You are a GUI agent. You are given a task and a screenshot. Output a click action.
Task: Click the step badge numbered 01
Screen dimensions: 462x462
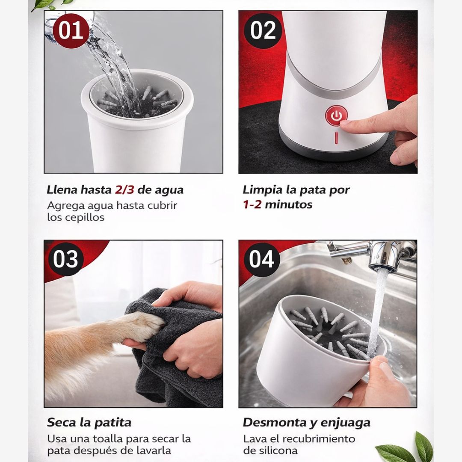[x=70, y=30]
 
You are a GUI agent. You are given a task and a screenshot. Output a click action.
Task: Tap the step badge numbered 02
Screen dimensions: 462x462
[x=263, y=30]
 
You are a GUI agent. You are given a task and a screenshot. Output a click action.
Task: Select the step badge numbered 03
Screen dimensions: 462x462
[x=66, y=260]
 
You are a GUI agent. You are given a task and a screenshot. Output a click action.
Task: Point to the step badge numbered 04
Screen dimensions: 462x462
[x=262, y=260]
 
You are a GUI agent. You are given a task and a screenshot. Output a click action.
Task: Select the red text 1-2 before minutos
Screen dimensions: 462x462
[x=252, y=204]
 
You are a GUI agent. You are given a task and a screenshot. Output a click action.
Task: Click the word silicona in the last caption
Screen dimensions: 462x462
[x=277, y=450]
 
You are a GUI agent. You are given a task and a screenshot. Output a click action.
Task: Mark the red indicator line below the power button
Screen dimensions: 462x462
[x=337, y=138]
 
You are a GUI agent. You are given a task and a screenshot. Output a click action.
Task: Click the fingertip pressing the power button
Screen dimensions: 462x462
[x=344, y=122]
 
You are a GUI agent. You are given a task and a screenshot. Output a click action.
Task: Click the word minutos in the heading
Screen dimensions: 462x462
[x=289, y=204]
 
